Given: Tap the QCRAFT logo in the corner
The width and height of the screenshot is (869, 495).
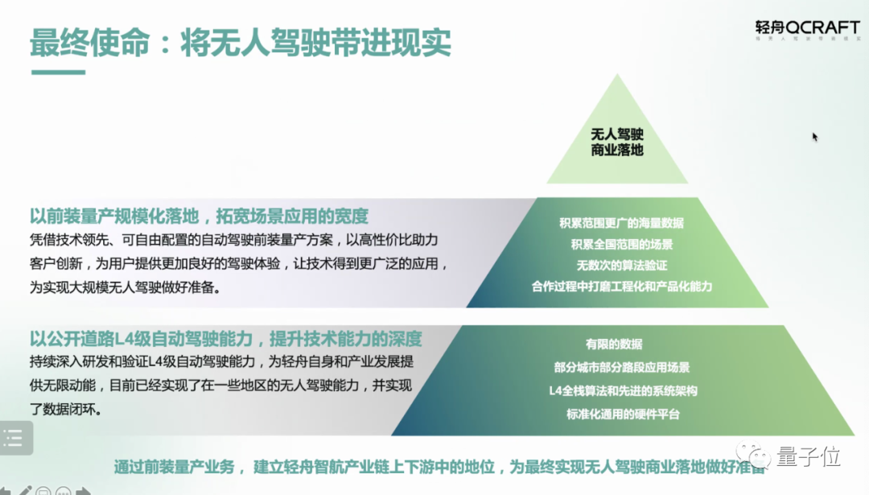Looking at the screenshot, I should (807, 29).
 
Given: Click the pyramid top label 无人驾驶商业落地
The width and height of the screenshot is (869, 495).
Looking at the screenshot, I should (617, 142).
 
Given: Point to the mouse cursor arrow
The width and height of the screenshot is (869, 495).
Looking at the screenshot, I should (815, 137).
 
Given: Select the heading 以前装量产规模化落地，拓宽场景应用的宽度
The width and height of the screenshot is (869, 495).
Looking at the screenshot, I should (199, 216).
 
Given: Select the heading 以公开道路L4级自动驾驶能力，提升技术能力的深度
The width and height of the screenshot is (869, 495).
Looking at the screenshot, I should (226, 338).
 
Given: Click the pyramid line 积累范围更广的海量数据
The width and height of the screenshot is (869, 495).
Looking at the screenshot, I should (621, 223).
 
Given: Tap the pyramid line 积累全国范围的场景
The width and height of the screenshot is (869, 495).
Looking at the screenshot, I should (621, 244).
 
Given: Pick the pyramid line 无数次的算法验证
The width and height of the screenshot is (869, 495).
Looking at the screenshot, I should (621, 265).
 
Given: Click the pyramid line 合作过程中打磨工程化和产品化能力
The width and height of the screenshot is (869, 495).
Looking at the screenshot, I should (621, 286).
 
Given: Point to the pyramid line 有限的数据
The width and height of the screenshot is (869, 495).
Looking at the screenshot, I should (614, 344).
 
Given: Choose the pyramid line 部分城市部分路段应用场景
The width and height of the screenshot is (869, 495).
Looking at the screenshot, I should (622, 367).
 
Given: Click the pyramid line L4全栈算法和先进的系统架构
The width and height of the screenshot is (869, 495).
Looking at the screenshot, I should (622, 390).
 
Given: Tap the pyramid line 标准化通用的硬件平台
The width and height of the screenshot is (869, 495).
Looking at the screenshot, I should (622, 414).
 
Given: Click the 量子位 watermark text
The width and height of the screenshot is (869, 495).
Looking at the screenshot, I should (809, 457).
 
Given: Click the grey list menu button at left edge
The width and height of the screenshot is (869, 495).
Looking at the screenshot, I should (14, 439).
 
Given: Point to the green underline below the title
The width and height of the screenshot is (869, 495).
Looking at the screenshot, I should (57, 72).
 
